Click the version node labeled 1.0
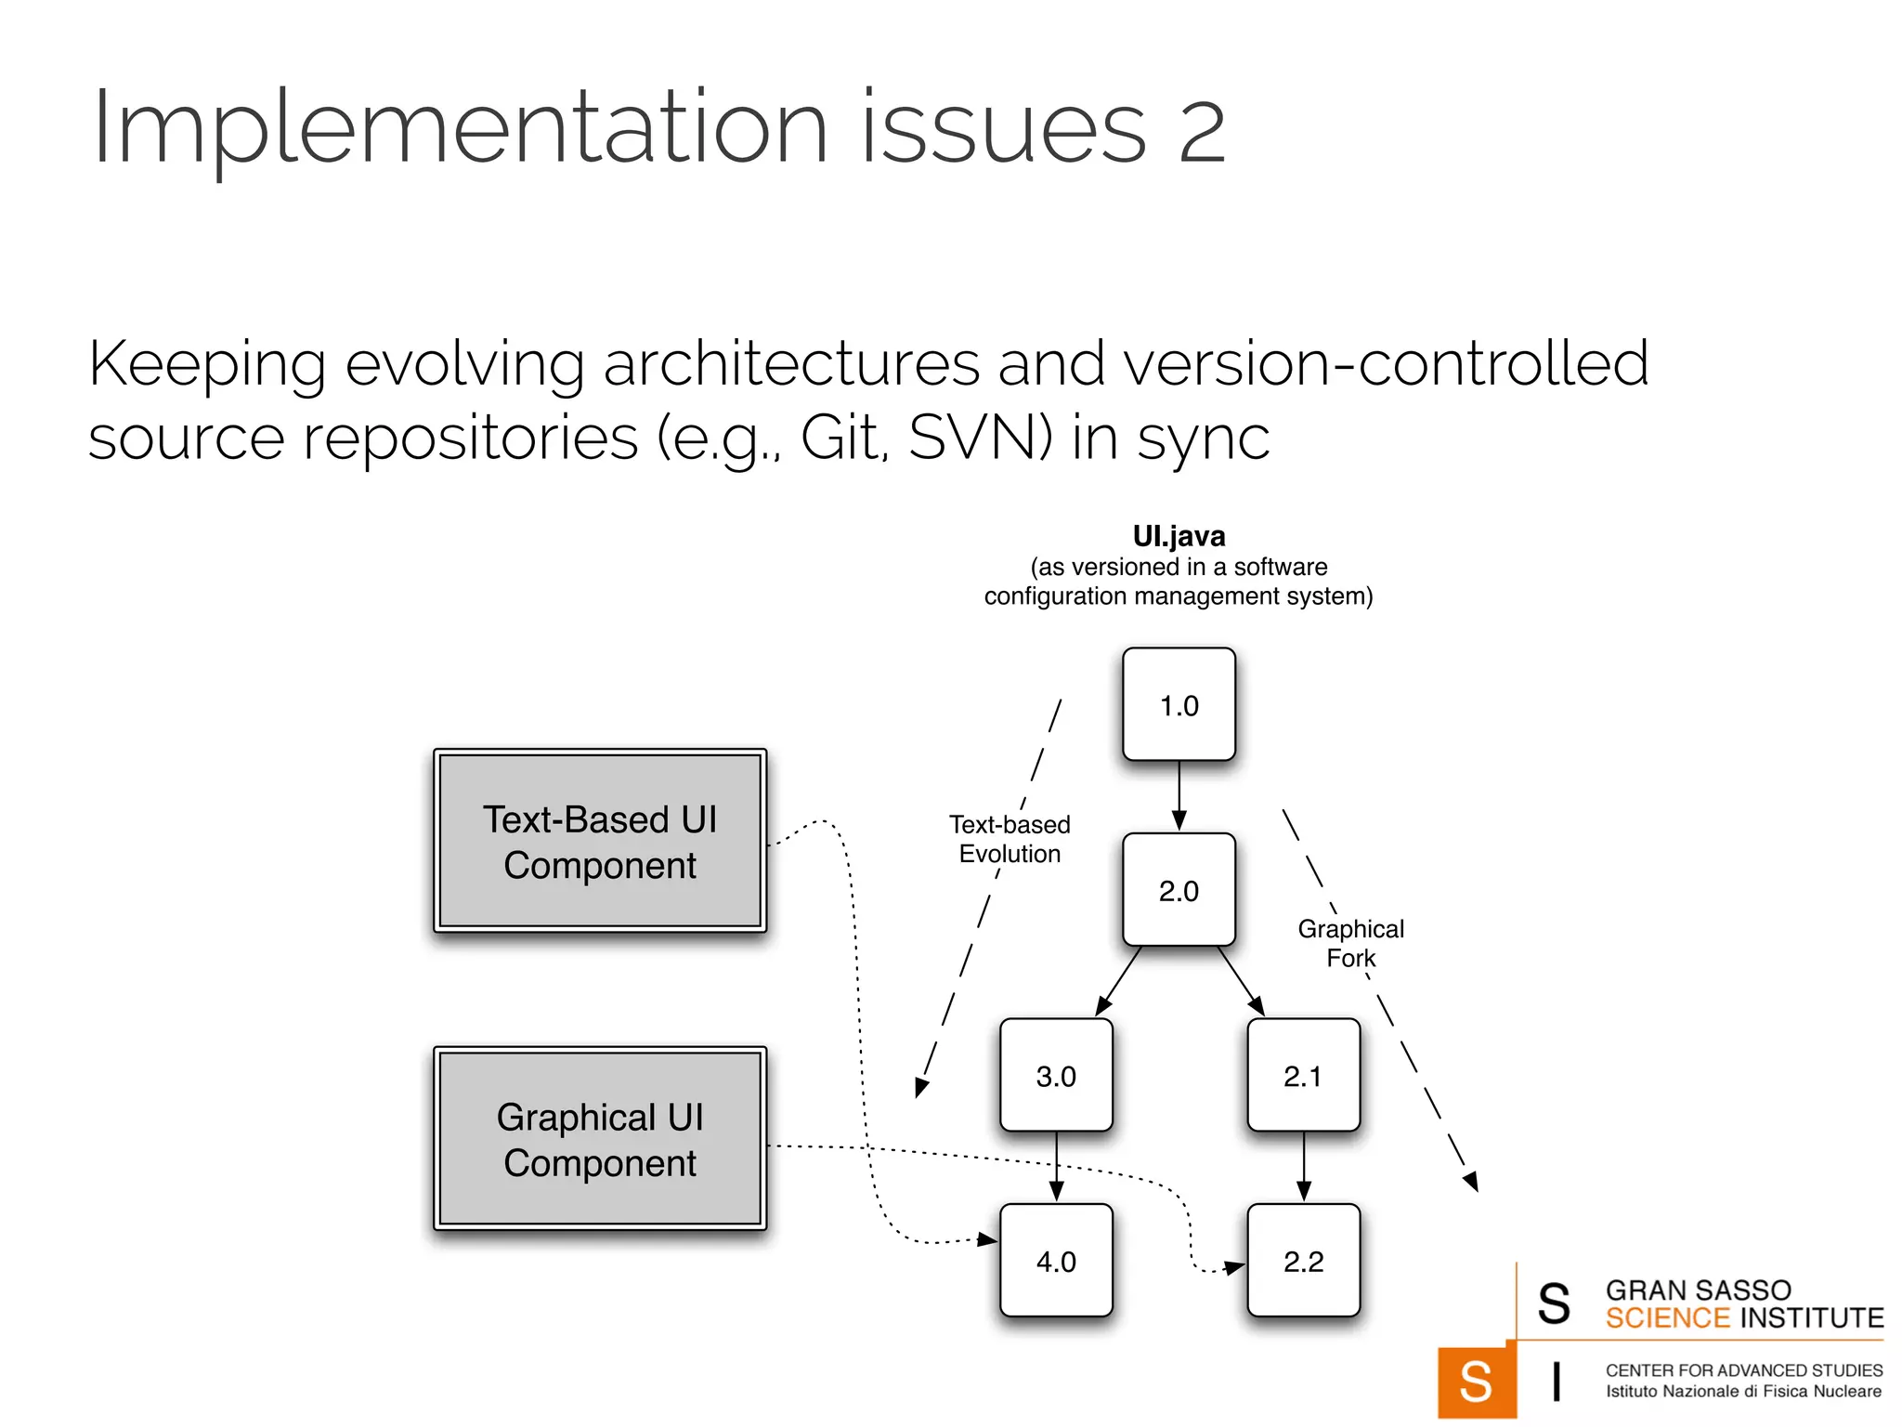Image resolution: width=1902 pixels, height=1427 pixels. [1179, 704]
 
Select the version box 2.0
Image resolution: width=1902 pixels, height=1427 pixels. [1179, 890]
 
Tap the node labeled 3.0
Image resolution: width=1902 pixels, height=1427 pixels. [1056, 1076]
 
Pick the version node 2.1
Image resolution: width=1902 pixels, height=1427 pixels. [1303, 1076]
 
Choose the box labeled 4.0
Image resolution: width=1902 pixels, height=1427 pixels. [1056, 1261]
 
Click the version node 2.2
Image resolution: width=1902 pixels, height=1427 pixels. [1303, 1261]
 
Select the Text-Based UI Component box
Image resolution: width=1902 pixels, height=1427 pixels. [600, 841]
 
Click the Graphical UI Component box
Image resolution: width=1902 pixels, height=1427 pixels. [600, 1139]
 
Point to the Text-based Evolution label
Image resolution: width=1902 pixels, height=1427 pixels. [1010, 839]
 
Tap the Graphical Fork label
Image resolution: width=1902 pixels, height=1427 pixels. [1350, 943]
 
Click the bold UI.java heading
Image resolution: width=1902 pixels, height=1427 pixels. [1179, 536]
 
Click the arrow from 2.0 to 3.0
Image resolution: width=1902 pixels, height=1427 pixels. [1118, 981]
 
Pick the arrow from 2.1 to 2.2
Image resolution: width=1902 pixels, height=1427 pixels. [1303, 1167]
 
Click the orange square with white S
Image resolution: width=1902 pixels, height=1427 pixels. [1476, 1381]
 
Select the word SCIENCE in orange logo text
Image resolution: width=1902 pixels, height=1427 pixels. [1667, 1318]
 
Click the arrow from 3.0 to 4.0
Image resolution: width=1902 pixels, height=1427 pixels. [1056, 1167]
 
